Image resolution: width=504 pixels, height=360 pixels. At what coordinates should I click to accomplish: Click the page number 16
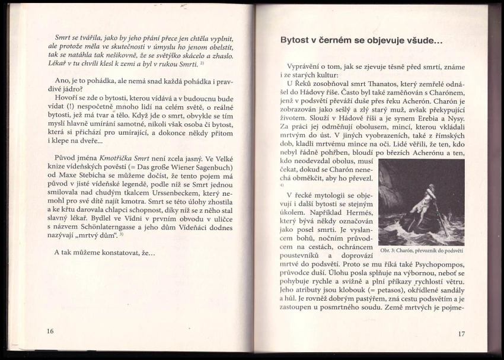tap(50, 331)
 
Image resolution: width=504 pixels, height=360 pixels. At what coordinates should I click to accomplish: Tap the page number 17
tap(461, 333)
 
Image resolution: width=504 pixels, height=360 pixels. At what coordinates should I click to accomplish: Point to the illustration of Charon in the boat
tap(422, 201)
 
